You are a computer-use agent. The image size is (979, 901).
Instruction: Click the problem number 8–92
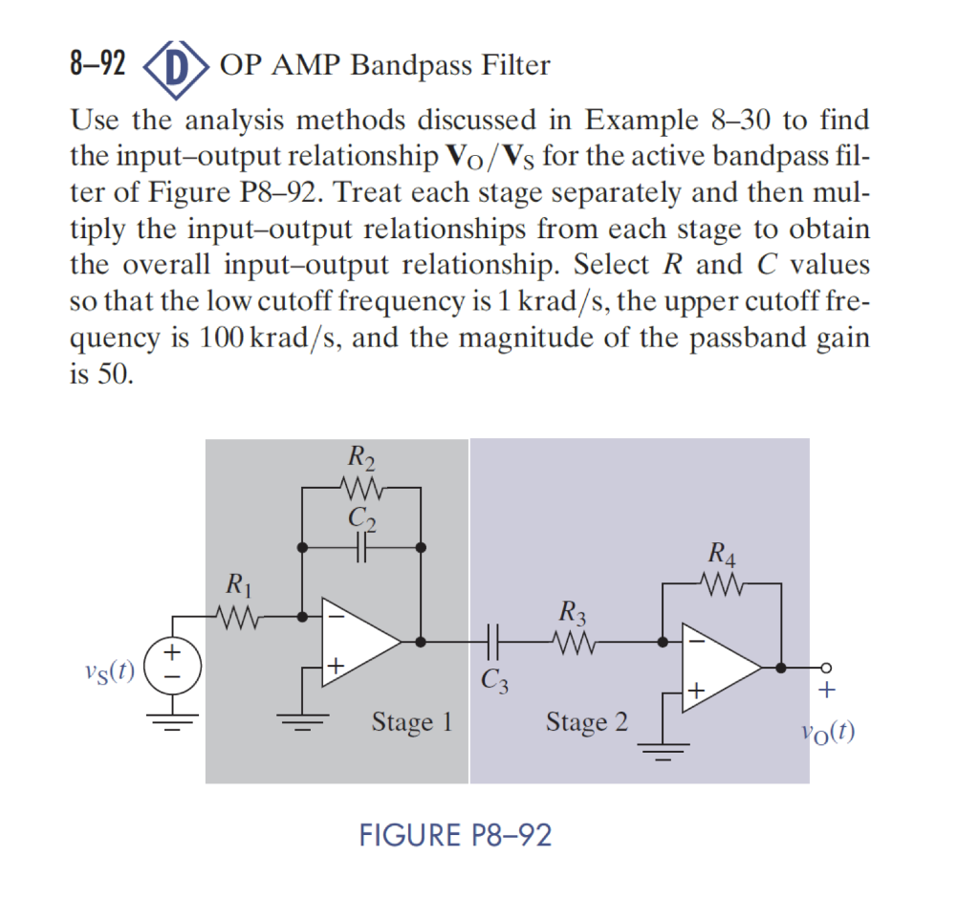click(x=98, y=66)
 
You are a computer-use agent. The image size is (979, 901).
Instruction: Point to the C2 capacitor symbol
click(x=361, y=547)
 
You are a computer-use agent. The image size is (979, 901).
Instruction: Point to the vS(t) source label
click(x=104, y=667)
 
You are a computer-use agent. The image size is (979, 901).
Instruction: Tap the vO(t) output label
click(x=828, y=734)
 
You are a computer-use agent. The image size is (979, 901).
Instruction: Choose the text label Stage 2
click(x=587, y=722)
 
